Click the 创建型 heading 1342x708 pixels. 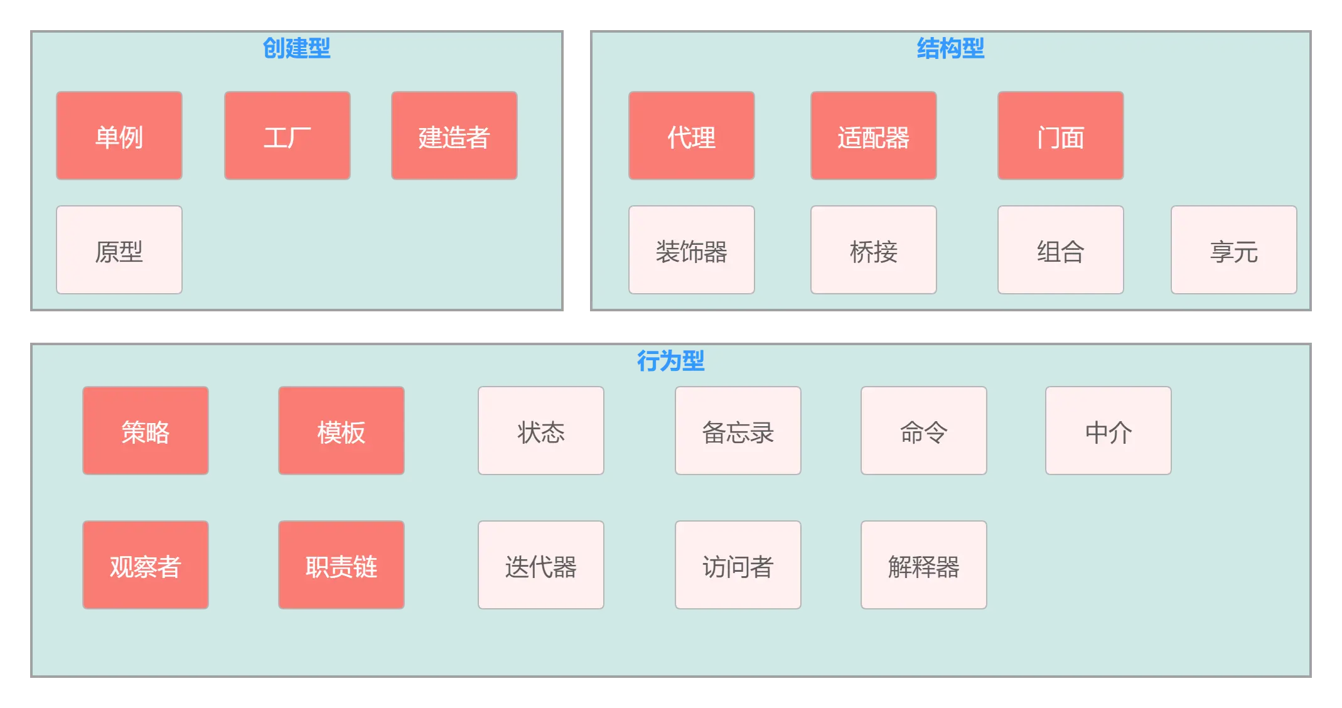click(296, 48)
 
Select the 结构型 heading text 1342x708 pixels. click(950, 48)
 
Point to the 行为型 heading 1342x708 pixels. click(670, 361)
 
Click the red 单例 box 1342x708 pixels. click(119, 136)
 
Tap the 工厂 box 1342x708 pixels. click(287, 136)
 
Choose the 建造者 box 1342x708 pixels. click(454, 136)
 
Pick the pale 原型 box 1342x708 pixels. click(119, 250)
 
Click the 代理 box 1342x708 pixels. click(692, 136)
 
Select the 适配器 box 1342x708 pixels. click(874, 136)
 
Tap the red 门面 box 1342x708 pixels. click(1061, 136)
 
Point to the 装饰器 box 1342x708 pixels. click(692, 250)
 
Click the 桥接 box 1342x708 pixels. click(874, 250)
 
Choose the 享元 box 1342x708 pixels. click(1234, 250)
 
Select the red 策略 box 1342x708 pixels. click(146, 431)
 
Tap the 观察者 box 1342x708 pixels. click(146, 565)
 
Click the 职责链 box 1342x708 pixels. click(341, 565)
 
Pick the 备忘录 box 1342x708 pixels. click(738, 431)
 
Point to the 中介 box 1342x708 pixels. click(1108, 431)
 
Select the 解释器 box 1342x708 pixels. click(924, 565)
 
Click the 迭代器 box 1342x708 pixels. click(541, 565)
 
